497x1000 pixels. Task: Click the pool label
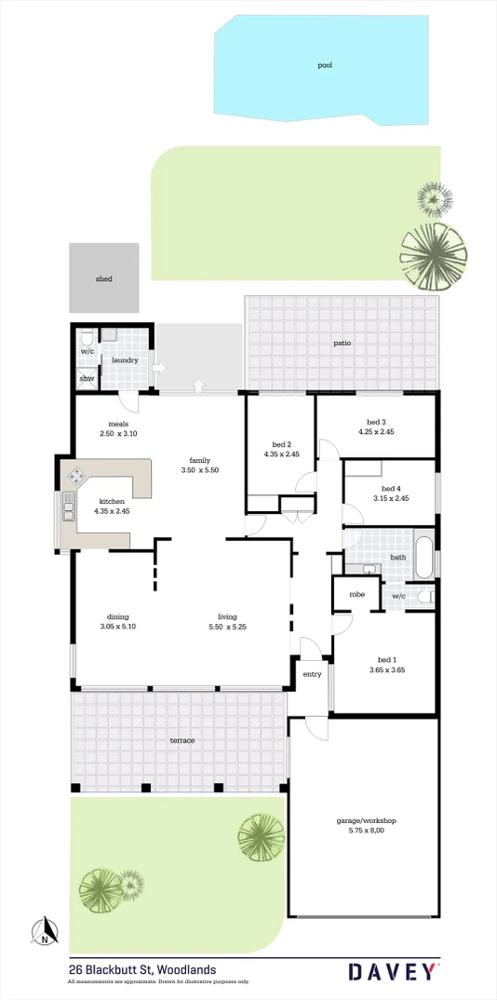[x=325, y=65]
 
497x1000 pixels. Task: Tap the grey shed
[x=104, y=278]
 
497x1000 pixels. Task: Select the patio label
[x=343, y=344]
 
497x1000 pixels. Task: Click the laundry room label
[x=125, y=360]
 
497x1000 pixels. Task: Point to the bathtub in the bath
[x=424, y=558]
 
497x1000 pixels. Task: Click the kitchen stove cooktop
[x=74, y=479]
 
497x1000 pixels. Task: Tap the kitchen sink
[x=68, y=507]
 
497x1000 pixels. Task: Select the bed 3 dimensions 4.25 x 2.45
[x=377, y=432]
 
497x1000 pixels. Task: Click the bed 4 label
[x=391, y=489]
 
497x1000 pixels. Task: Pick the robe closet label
[x=356, y=594]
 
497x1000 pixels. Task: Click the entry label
[x=311, y=675]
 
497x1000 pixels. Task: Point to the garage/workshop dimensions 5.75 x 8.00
[x=366, y=831]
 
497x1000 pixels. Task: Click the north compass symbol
[x=44, y=931]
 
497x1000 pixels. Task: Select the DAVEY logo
[x=391, y=971]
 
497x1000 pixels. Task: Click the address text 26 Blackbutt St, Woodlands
[x=142, y=969]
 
